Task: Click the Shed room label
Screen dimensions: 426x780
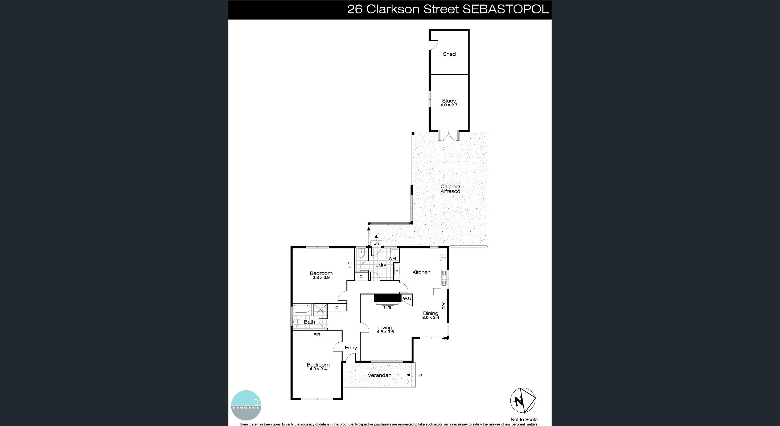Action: pyautogui.click(x=449, y=54)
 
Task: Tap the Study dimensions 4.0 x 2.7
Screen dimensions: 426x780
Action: pyautogui.click(x=449, y=105)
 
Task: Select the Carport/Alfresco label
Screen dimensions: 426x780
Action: pyautogui.click(x=450, y=189)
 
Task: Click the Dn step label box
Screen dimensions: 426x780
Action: pyautogui.click(x=376, y=243)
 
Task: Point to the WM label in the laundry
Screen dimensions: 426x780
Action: pyautogui.click(x=392, y=258)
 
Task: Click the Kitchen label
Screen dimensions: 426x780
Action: pyautogui.click(x=421, y=272)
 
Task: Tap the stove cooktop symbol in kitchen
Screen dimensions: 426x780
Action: pyautogui.click(x=444, y=257)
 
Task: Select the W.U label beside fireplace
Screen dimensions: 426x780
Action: pyautogui.click(x=407, y=298)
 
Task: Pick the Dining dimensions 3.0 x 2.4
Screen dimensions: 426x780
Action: pyautogui.click(x=430, y=318)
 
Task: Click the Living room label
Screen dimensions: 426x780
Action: pyautogui.click(x=385, y=327)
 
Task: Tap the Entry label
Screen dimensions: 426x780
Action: pyautogui.click(x=351, y=347)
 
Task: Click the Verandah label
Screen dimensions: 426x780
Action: pyautogui.click(x=379, y=375)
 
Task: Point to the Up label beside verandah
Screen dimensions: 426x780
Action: pyautogui.click(x=419, y=375)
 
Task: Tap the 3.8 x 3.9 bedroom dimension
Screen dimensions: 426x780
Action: pyautogui.click(x=321, y=278)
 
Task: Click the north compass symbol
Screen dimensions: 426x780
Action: pyautogui.click(x=523, y=400)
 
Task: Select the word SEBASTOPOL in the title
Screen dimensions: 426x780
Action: pyautogui.click(x=505, y=9)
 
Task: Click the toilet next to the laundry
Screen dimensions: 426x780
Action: pyautogui.click(x=361, y=253)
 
